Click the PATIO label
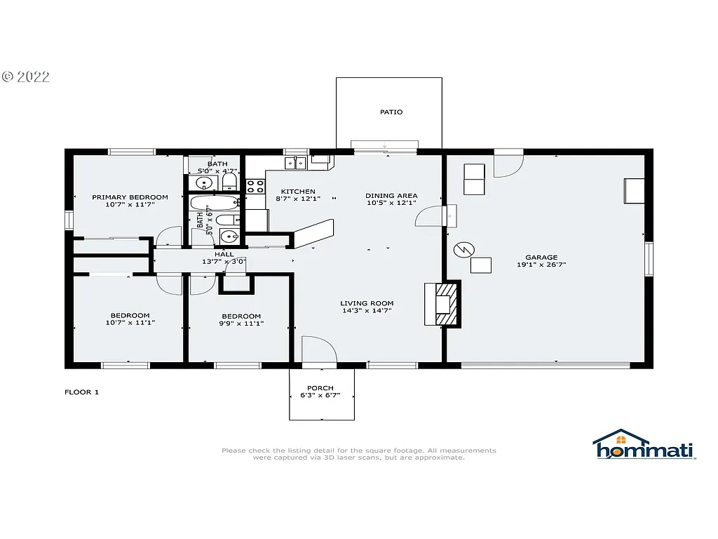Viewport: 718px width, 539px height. pos(391,112)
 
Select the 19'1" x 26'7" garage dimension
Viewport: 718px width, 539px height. pos(541,265)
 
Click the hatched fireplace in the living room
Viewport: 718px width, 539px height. pos(445,304)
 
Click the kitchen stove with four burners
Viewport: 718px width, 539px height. pos(255,187)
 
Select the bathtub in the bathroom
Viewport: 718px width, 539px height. pos(215,203)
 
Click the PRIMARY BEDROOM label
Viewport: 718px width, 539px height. pos(130,197)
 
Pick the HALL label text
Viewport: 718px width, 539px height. pos(224,254)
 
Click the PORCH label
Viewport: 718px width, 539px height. pos(320,388)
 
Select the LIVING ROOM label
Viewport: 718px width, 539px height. pos(367,303)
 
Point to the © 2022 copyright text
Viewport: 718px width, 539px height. pos(26,77)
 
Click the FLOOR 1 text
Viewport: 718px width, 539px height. pos(81,392)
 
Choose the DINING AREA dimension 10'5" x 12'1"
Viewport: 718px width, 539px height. pos(391,204)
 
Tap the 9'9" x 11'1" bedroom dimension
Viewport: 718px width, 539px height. pos(241,324)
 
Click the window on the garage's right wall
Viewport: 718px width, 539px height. pos(649,259)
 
